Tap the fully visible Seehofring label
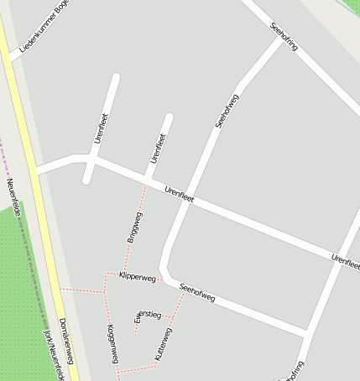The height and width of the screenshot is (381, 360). point(284,36)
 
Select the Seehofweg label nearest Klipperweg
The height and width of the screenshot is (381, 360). point(198,292)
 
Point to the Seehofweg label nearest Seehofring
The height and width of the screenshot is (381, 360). point(227,111)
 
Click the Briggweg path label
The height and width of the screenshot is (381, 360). point(134,227)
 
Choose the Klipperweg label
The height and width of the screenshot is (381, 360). point(138,276)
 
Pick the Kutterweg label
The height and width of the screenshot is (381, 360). point(164,344)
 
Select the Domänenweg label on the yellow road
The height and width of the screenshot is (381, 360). point(67,341)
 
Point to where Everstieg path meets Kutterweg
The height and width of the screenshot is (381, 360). point(172,317)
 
